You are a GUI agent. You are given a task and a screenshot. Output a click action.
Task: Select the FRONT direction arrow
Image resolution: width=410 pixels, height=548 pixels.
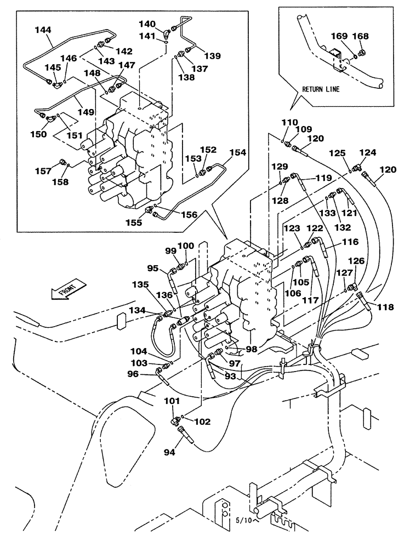pos(67,289)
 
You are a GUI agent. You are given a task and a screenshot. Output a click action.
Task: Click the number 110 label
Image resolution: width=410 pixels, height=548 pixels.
pos(290,123)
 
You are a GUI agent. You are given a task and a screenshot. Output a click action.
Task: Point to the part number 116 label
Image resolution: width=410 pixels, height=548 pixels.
pos(350,242)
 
